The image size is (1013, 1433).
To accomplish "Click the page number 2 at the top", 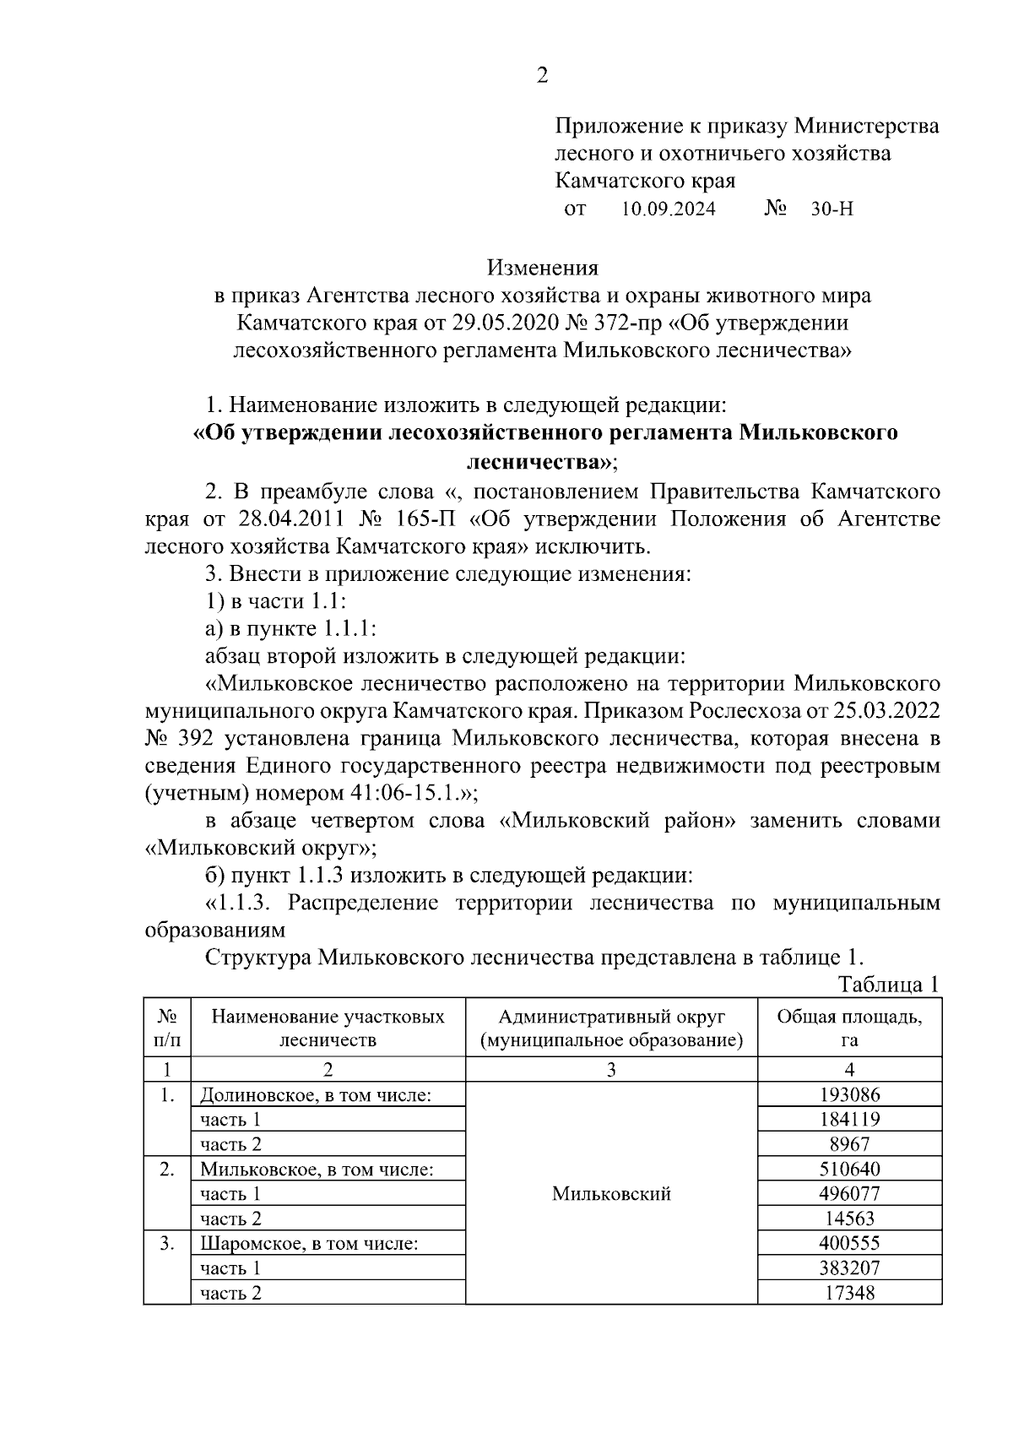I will click(542, 76).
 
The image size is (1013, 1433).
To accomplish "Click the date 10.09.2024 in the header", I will click(669, 209).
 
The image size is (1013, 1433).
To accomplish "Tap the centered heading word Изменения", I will click(542, 268).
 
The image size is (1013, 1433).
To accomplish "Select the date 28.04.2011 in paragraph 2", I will click(288, 518).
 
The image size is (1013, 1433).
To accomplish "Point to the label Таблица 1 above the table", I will click(888, 985).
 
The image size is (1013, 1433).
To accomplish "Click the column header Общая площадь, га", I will click(849, 1028).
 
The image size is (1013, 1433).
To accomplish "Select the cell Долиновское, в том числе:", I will click(317, 1095).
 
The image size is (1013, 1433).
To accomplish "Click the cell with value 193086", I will click(849, 1095).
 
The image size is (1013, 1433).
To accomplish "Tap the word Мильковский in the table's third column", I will click(611, 1193).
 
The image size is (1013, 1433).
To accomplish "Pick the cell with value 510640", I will click(849, 1170).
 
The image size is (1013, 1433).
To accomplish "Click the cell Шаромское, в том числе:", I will click(310, 1244).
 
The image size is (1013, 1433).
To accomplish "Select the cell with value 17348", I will click(849, 1293).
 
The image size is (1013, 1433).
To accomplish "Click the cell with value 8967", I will click(849, 1144).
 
